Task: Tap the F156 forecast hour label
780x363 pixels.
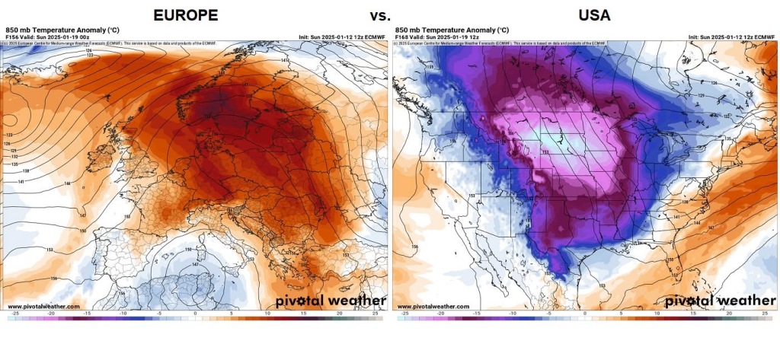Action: pos(12,36)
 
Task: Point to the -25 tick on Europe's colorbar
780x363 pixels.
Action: pos(14,313)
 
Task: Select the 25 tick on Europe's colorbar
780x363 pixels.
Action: pos(376,313)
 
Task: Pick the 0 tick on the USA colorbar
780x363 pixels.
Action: pos(585,313)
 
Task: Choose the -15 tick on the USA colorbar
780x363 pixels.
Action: pos(476,313)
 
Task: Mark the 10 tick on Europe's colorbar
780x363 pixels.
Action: pos(268,313)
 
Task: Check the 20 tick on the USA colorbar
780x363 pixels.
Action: pos(730,313)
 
